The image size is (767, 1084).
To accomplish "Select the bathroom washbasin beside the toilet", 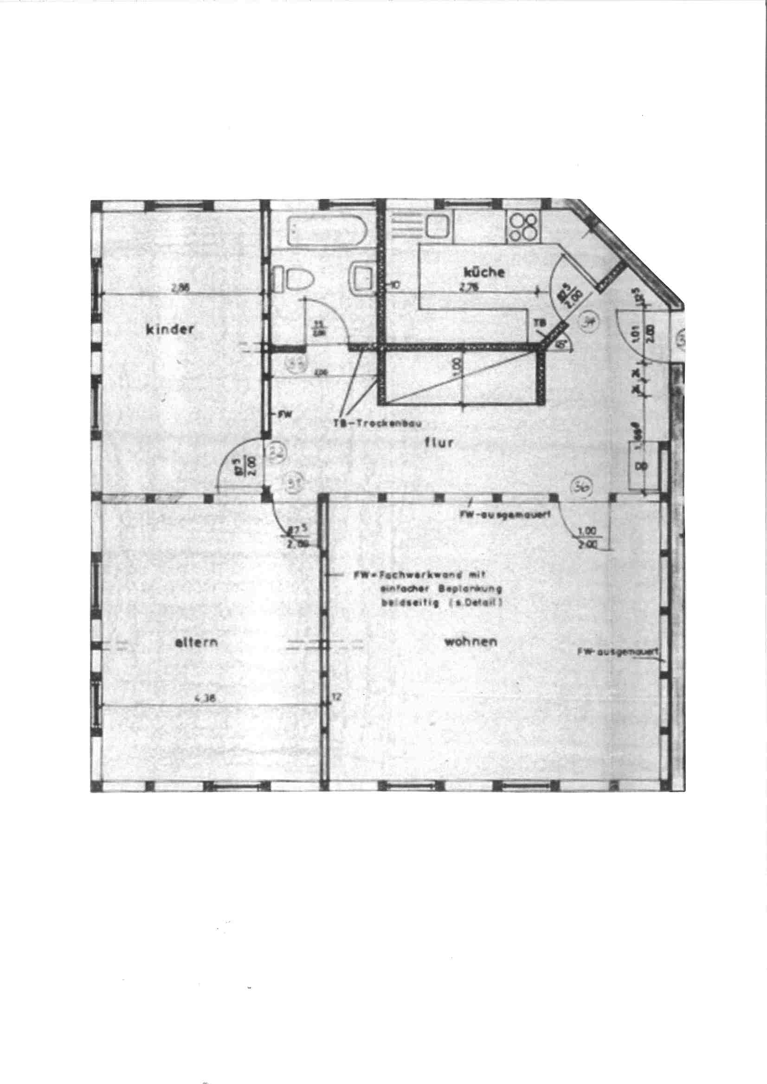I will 363,279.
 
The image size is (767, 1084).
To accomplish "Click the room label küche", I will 484,273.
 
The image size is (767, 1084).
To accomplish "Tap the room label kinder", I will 170,329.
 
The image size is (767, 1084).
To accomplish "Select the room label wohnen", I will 470,642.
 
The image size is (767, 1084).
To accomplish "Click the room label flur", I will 439,443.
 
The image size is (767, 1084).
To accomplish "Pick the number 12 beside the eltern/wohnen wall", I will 336,696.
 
